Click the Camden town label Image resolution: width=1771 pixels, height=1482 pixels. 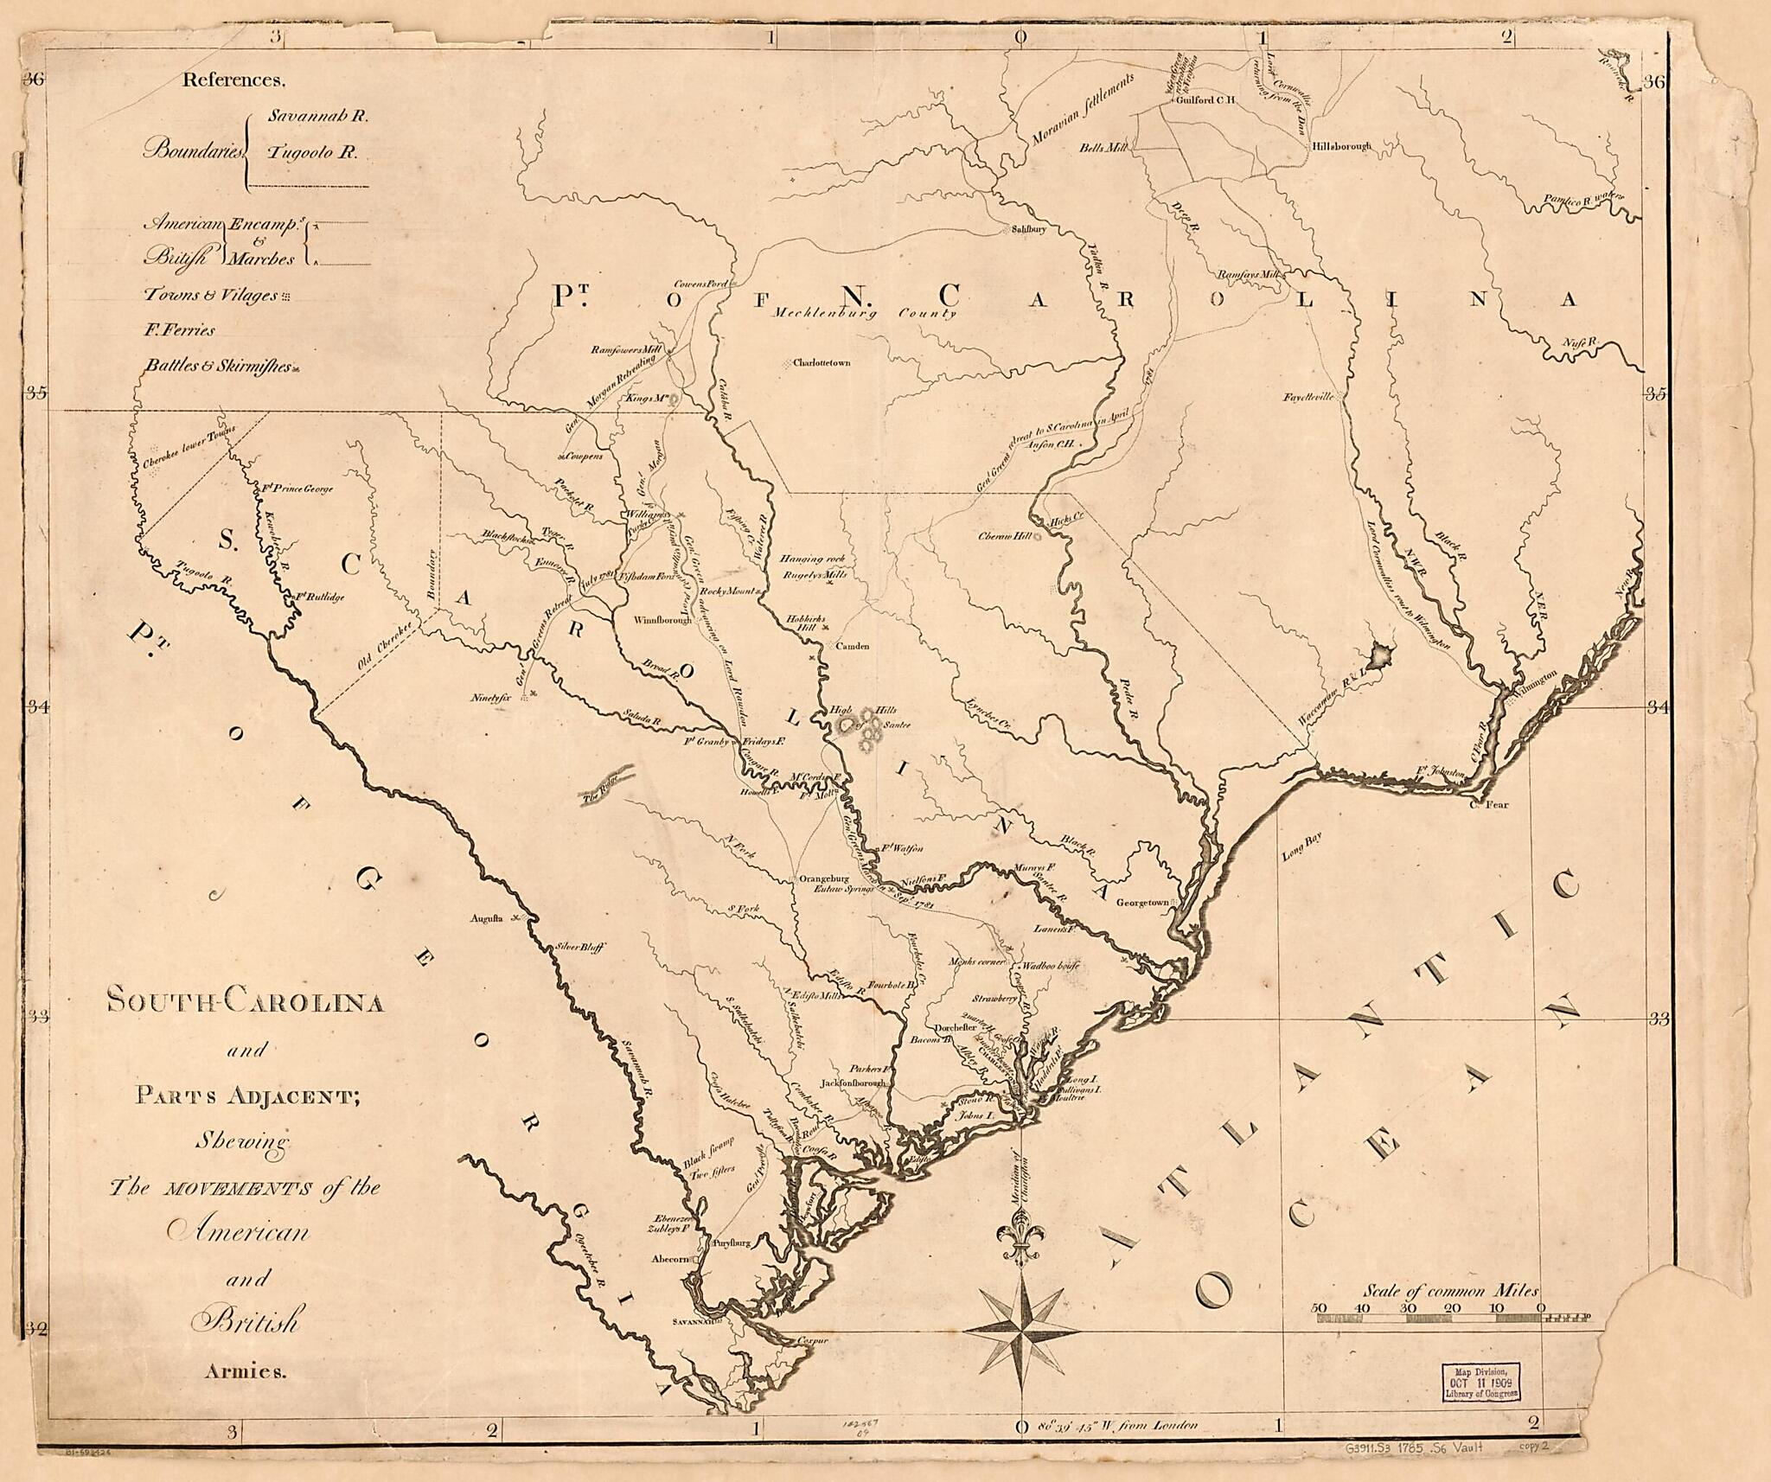[852, 646]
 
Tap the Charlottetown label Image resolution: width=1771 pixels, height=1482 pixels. [822, 363]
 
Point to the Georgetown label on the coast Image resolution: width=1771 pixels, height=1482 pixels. [1141, 903]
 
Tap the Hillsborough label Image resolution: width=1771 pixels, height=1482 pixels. [1341, 147]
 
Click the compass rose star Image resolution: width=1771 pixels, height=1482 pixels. [1021, 1330]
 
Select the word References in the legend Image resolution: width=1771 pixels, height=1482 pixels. [233, 80]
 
